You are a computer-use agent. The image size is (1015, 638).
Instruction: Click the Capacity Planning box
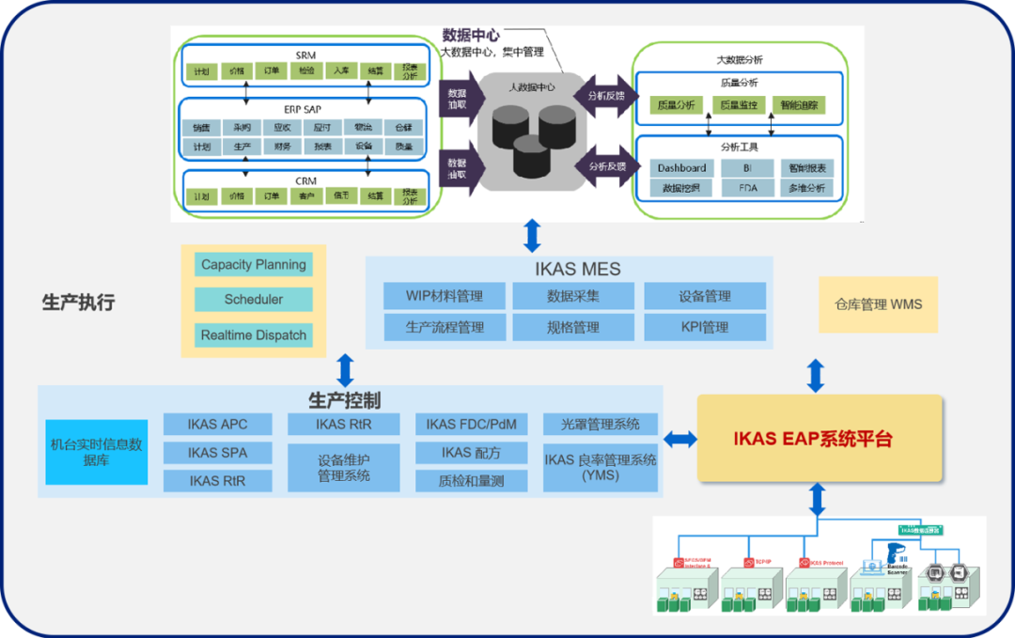pyautogui.click(x=254, y=265)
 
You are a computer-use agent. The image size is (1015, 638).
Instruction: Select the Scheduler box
pyautogui.click(x=254, y=300)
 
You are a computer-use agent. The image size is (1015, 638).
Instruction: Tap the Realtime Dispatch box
pyautogui.click(x=254, y=335)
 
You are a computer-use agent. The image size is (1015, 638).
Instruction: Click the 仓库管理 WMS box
pyautogui.click(x=878, y=304)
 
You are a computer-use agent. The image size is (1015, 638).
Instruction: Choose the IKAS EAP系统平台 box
pyautogui.click(x=819, y=439)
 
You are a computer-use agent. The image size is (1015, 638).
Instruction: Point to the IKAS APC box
pyautogui.click(x=217, y=425)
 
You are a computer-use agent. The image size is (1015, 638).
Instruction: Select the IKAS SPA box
pyautogui.click(x=217, y=453)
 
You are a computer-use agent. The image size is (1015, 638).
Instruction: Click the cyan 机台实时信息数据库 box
pyautogui.click(x=97, y=452)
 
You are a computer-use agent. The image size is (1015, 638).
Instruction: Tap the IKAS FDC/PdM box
pyautogui.click(x=471, y=425)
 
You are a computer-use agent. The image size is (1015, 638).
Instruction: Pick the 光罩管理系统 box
pyautogui.click(x=601, y=425)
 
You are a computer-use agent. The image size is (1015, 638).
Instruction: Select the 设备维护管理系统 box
pyautogui.click(x=343, y=468)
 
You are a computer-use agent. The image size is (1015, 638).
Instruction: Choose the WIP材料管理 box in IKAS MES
pyautogui.click(x=445, y=297)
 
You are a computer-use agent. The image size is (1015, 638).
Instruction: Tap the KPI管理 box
pyautogui.click(x=705, y=328)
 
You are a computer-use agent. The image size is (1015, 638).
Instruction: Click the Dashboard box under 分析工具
pyautogui.click(x=681, y=168)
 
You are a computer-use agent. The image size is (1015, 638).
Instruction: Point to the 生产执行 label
pyautogui.click(x=78, y=303)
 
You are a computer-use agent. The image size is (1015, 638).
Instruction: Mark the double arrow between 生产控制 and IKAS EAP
pyautogui.click(x=679, y=439)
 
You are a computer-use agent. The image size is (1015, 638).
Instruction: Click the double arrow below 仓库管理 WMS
pyautogui.click(x=816, y=376)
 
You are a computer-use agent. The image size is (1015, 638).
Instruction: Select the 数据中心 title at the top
pyautogui.click(x=472, y=36)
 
